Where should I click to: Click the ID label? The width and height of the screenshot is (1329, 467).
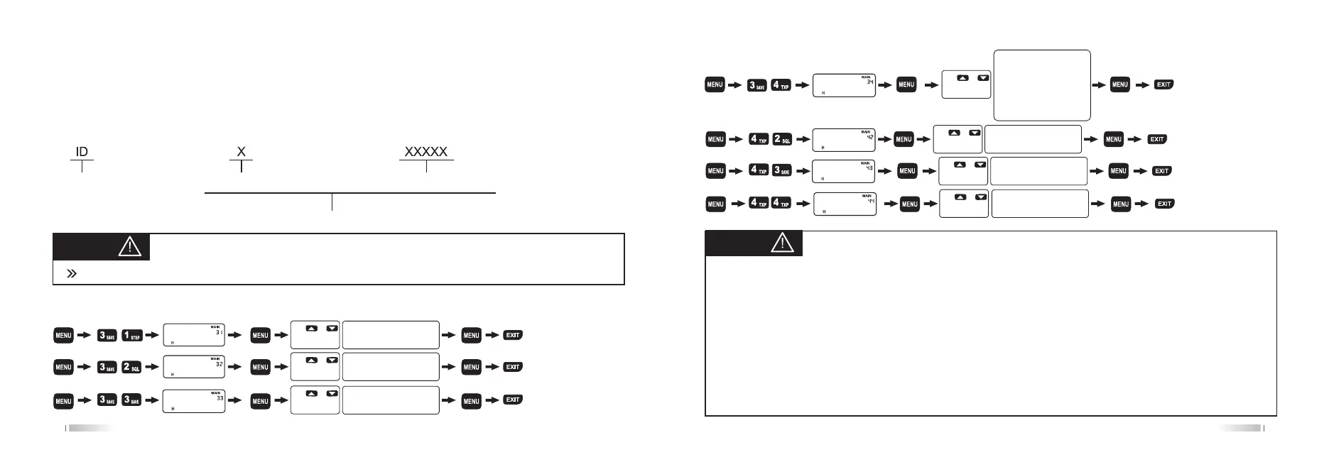tap(82, 152)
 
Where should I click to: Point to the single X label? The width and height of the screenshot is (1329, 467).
tap(242, 152)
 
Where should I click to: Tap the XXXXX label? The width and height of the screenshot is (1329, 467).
tap(426, 152)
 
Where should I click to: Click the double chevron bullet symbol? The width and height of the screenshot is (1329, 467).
tap(71, 273)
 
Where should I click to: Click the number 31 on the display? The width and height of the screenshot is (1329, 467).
tap(219, 331)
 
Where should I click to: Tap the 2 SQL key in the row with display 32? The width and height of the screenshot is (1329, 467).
tap(132, 368)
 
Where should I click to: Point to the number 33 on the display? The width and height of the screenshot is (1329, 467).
tap(219, 398)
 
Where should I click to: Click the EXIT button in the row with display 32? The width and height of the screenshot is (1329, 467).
tap(513, 367)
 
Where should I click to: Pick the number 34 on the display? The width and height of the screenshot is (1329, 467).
tap(869, 82)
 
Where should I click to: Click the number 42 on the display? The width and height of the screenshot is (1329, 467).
tap(869, 137)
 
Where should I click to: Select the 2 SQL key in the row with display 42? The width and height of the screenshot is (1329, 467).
tap(781, 139)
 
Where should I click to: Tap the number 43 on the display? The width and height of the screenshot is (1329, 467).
tap(869, 168)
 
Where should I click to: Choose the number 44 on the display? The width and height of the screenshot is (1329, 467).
tap(869, 201)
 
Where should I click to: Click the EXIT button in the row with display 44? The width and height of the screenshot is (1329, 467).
tap(1164, 204)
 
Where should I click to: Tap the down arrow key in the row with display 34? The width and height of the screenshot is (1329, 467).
tap(983, 78)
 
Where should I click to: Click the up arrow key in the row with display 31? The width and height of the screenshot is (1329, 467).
tap(311, 329)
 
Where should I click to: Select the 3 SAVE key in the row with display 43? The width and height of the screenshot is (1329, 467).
tap(781, 171)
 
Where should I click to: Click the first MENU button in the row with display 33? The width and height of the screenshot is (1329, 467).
tap(64, 401)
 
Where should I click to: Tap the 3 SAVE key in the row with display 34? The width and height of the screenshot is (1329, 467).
tap(758, 85)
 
